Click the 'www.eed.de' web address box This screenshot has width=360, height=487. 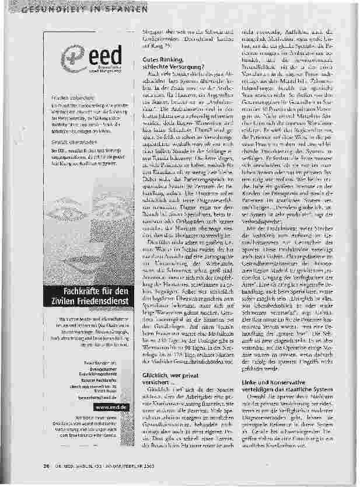[109, 407]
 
